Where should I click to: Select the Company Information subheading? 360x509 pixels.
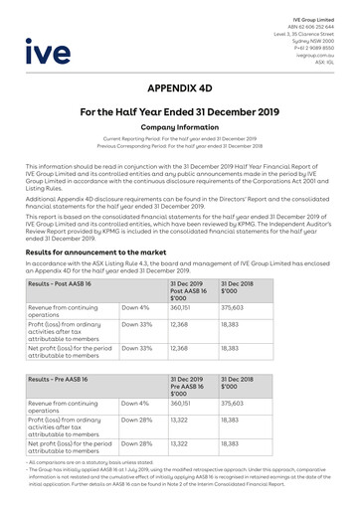pos(180,128)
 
